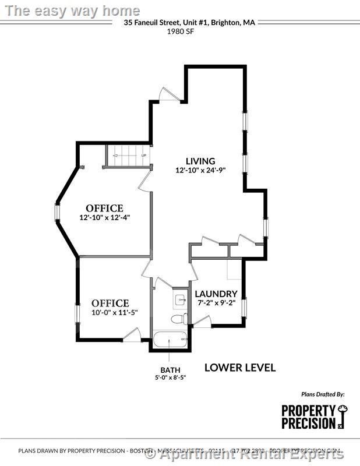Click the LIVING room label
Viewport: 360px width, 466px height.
click(x=200, y=161)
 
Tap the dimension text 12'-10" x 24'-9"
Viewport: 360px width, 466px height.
click(x=200, y=171)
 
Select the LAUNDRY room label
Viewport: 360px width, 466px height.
click(x=216, y=294)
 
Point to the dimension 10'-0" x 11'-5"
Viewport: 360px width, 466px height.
click(x=110, y=312)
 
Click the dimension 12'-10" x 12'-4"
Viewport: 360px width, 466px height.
click(x=105, y=217)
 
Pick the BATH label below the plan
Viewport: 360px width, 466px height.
click(x=170, y=370)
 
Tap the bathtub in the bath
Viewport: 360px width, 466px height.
click(x=170, y=340)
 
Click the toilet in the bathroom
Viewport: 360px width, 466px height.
click(x=179, y=319)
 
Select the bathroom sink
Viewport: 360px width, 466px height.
click(x=179, y=300)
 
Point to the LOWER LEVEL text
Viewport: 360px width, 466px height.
click(x=240, y=368)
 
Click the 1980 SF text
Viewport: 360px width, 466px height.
click(x=180, y=33)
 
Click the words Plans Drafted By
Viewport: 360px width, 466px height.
click(x=323, y=394)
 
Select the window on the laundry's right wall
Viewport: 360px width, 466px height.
click(x=245, y=306)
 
